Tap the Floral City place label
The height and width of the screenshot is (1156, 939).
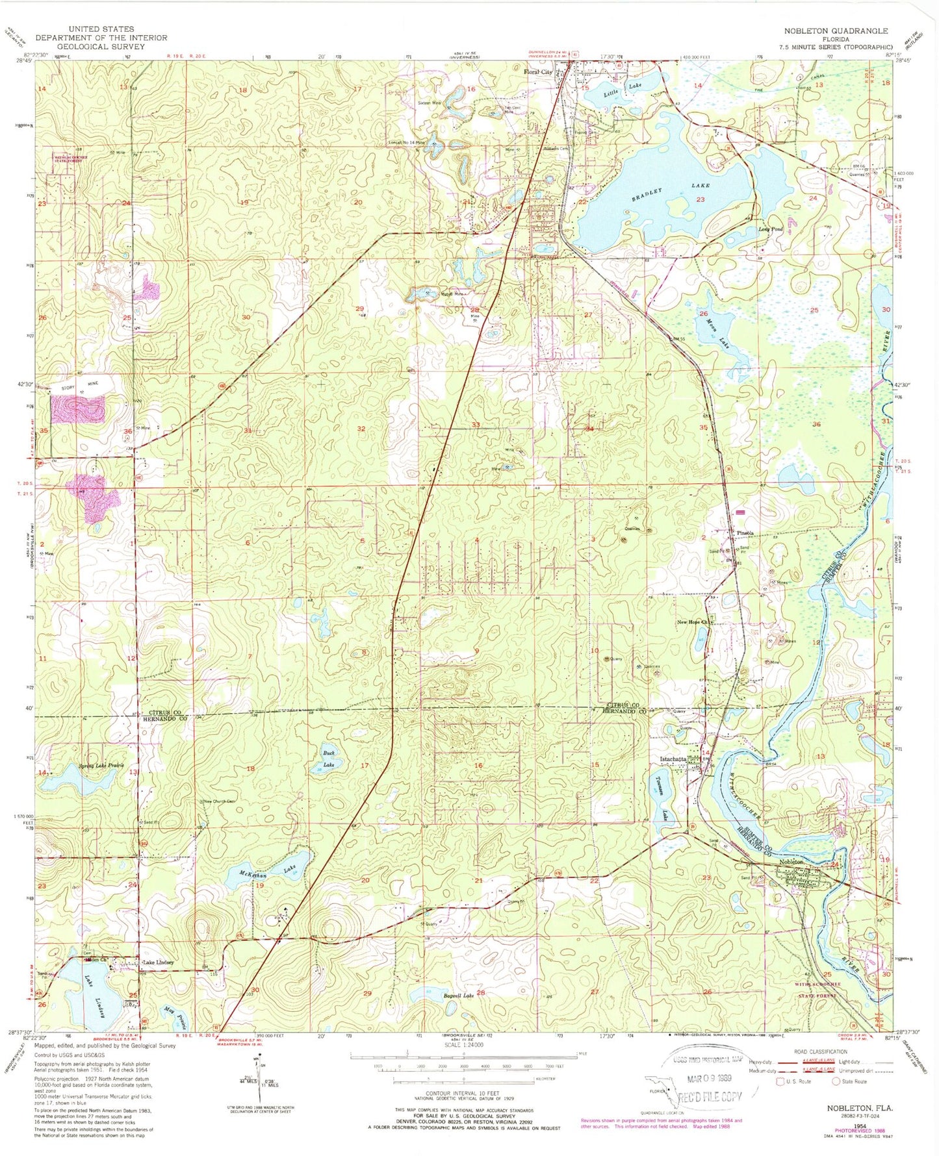pos(538,72)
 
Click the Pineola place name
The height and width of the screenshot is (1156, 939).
pos(745,533)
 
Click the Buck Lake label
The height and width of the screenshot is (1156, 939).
pos(329,760)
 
